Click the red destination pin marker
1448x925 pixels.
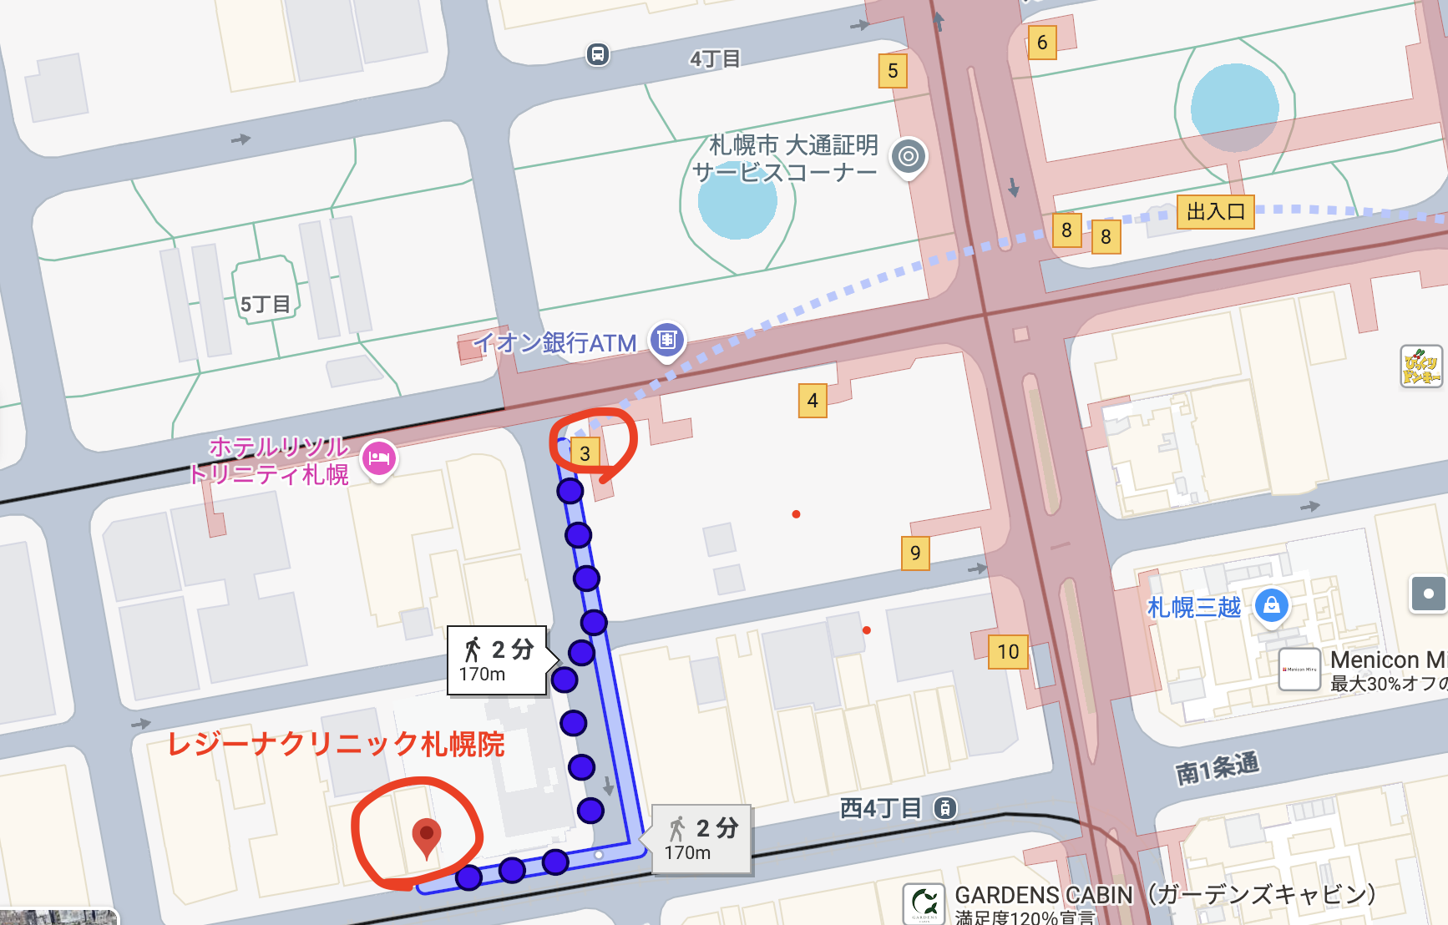427,836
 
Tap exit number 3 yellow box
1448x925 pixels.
585,453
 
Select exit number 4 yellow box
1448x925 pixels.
813,401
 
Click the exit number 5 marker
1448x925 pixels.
893,71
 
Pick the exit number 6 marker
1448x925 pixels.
1042,43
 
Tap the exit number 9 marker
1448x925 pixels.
915,553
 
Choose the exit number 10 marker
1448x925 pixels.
1008,651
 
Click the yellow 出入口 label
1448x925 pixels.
1215,212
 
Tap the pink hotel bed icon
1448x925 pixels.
379,457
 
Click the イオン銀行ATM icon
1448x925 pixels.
666,340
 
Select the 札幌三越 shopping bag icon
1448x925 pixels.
1271,605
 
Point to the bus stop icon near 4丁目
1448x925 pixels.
597,55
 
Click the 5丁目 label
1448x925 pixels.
265,305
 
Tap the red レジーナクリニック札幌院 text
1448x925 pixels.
336,744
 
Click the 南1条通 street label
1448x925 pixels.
1217,768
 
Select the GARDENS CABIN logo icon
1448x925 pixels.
924,903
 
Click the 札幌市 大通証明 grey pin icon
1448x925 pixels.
909,156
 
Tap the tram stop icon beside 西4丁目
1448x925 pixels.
944,808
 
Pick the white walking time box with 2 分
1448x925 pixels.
497,660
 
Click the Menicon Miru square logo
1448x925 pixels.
1299,669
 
